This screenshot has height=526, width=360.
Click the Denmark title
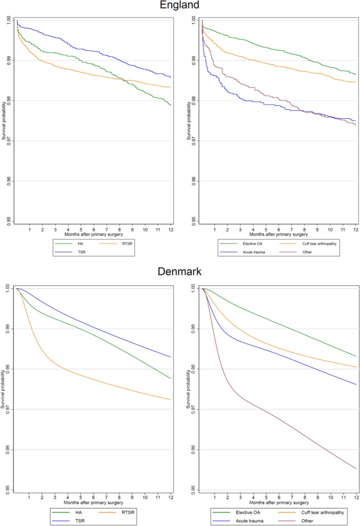coord(180,272)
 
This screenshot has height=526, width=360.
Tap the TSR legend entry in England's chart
coord(64,252)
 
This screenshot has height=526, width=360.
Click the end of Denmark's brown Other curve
coord(356,468)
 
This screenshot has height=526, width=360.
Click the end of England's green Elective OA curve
coord(356,74)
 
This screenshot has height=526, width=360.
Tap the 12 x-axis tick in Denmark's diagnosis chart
coord(356,496)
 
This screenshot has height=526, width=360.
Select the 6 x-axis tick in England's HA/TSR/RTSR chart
coord(94,230)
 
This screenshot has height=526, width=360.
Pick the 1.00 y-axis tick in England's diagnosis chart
coord(194,20)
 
